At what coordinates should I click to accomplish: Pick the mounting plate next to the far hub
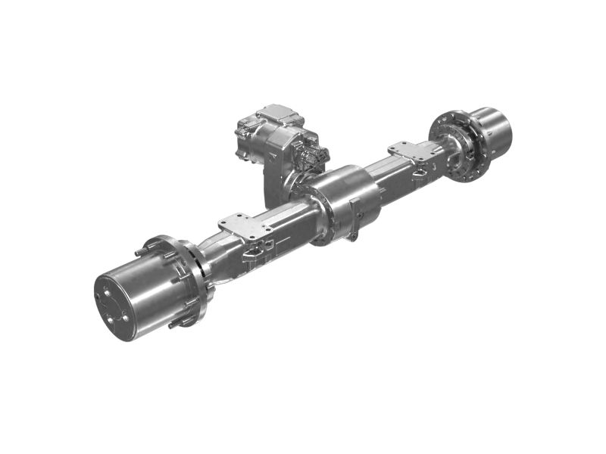(413, 151)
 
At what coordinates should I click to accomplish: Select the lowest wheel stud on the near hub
(175, 324)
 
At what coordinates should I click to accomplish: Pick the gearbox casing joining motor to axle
(280, 178)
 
